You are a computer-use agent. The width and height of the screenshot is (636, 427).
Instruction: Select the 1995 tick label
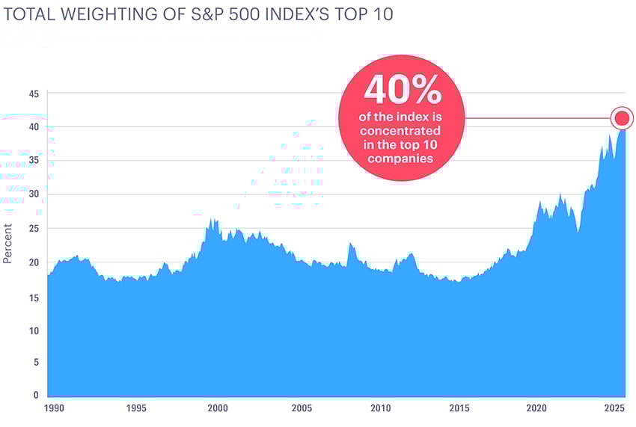[135, 409]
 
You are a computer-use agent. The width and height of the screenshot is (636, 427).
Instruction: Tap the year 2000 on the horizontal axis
[218, 409]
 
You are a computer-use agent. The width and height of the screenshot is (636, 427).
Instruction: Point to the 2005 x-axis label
[301, 409]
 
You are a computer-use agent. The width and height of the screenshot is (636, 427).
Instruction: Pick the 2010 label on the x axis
[381, 409]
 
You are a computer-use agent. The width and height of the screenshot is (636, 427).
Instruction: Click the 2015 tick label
[460, 409]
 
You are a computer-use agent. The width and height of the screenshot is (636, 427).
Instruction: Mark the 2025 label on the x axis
[615, 409]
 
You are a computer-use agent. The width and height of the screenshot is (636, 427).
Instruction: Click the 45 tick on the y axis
[34, 93]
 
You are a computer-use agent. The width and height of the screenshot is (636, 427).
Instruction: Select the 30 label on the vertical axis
[34, 194]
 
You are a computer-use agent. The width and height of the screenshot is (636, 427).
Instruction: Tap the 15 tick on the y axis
[34, 297]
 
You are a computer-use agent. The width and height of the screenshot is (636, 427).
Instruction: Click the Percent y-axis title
[7, 243]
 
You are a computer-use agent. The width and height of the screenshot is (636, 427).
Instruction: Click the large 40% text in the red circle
[402, 91]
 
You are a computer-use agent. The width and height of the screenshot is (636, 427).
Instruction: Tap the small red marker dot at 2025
[621, 118]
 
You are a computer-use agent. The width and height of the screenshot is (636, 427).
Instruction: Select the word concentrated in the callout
[402, 132]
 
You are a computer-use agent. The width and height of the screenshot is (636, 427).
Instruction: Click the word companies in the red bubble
[402, 159]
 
